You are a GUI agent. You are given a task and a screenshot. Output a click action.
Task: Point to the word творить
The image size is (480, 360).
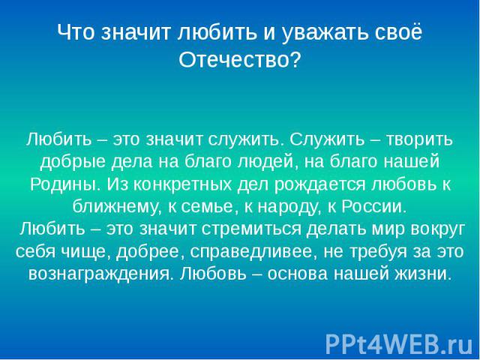click(x=419, y=139)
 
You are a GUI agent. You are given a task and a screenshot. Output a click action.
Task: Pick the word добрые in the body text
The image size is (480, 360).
click(x=73, y=162)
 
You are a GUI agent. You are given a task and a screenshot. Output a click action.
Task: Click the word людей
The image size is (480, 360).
click(x=268, y=162)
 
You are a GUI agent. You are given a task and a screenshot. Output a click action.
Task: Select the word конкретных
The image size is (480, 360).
click(x=183, y=184)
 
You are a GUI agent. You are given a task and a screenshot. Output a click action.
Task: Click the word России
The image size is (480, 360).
click(x=373, y=207)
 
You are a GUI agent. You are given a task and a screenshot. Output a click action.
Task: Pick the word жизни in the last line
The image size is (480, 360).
click(x=424, y=274)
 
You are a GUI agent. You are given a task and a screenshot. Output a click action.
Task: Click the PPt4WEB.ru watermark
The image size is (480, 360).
click(x=399, y=344)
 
